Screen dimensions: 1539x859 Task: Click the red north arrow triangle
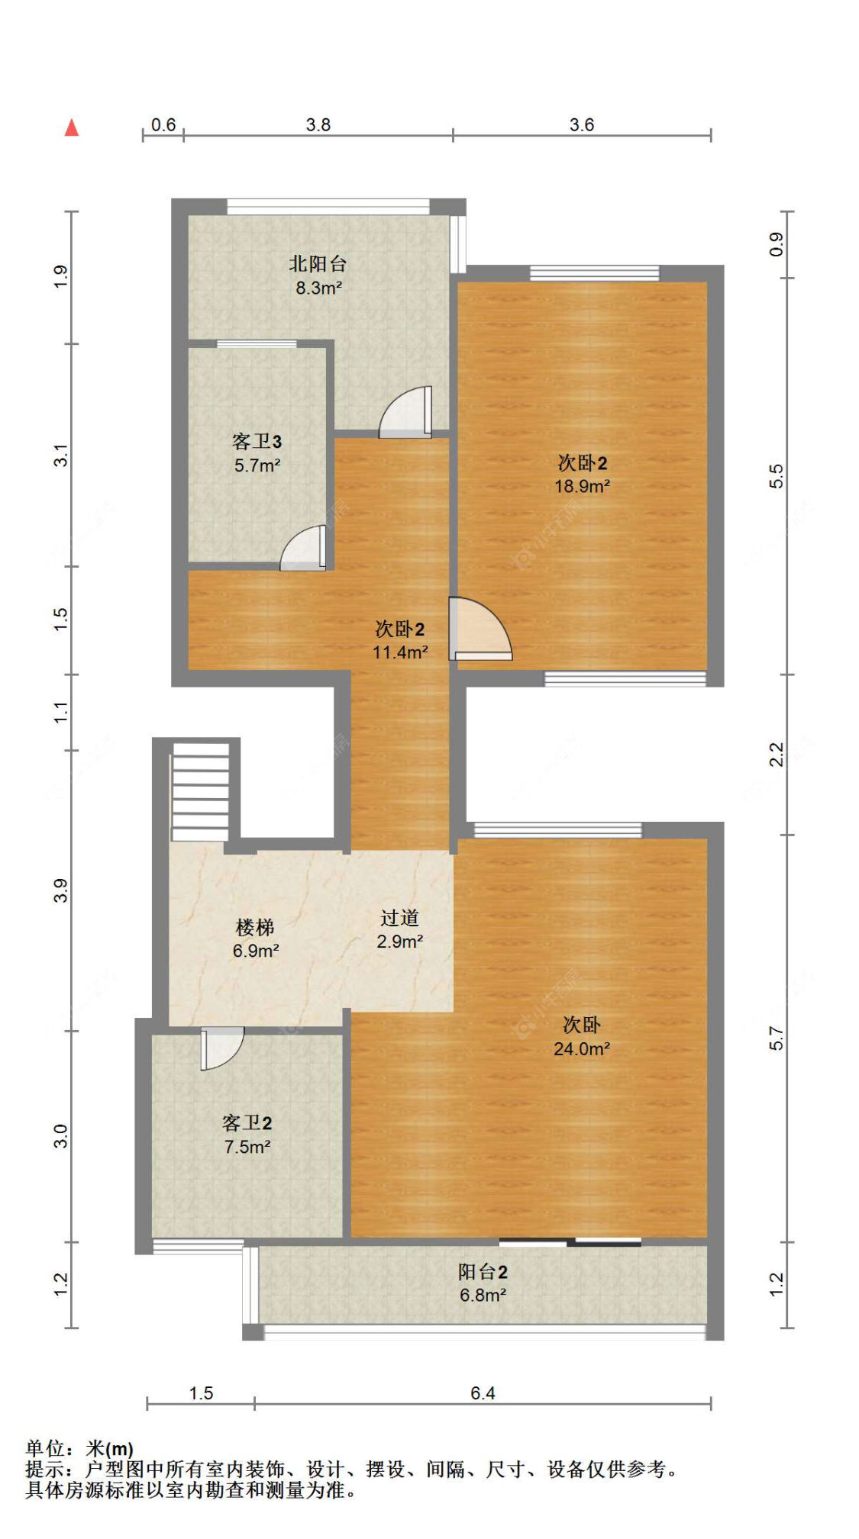coord(72,127)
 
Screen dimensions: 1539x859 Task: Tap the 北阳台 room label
coord(318,264)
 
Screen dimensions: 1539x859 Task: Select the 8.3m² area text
coord(318,288)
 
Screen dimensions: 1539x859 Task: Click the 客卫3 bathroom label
coord(257,441)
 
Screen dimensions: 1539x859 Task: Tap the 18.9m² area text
coord(582,486)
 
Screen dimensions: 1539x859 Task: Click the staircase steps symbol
coord(200,791)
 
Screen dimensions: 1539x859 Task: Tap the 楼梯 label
coord(255,927)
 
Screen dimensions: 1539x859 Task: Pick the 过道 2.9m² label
coord(399,929)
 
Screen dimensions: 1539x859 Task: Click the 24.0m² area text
coord(582,1048)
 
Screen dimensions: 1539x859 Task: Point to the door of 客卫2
coord(221,1048)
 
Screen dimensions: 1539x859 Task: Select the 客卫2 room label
coord(247,1122)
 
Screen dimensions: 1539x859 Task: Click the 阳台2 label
coord(483,1271)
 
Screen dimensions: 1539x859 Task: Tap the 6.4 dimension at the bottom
coord(483,1393)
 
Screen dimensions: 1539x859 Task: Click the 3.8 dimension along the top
coord(318,124)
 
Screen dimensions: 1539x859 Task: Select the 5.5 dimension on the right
coord(776,476)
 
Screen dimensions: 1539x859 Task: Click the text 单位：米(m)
coord(79,1448)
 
